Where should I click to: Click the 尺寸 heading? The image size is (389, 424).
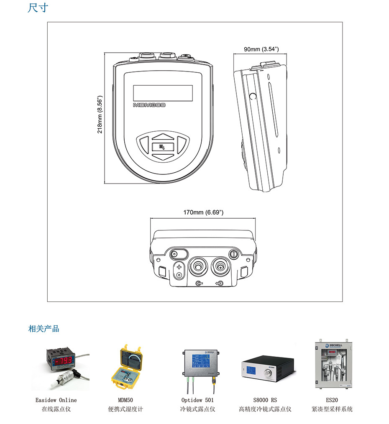tap(38, 8)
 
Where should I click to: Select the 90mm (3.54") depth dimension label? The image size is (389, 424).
tap(261, 49)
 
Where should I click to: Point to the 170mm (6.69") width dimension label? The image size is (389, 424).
tap(203, 212)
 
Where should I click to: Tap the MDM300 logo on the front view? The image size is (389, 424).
tap(149, 105)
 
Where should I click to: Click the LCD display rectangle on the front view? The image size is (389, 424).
tap(163, 91)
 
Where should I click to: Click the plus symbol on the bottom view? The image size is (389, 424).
tap(179, 267)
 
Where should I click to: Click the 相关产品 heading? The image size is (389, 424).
tap(44, 329)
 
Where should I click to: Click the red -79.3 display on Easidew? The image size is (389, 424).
tap(60, 360)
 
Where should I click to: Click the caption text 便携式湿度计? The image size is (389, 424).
tap(125, 409)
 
